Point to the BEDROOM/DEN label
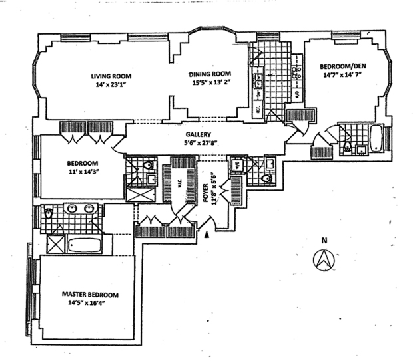[342, 67]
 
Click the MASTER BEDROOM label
[90, 294]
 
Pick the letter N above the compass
[324, 241]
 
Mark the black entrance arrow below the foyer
[208, 234]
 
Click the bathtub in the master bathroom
[84, 245]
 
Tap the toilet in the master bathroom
[48, 215]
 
